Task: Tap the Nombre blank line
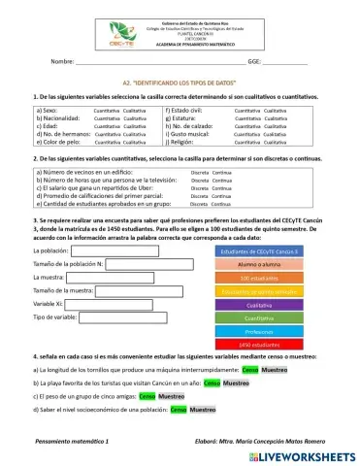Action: point(155,62)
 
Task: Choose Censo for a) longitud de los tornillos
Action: point(250,370)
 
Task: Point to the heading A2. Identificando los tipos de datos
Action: point(180,85)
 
